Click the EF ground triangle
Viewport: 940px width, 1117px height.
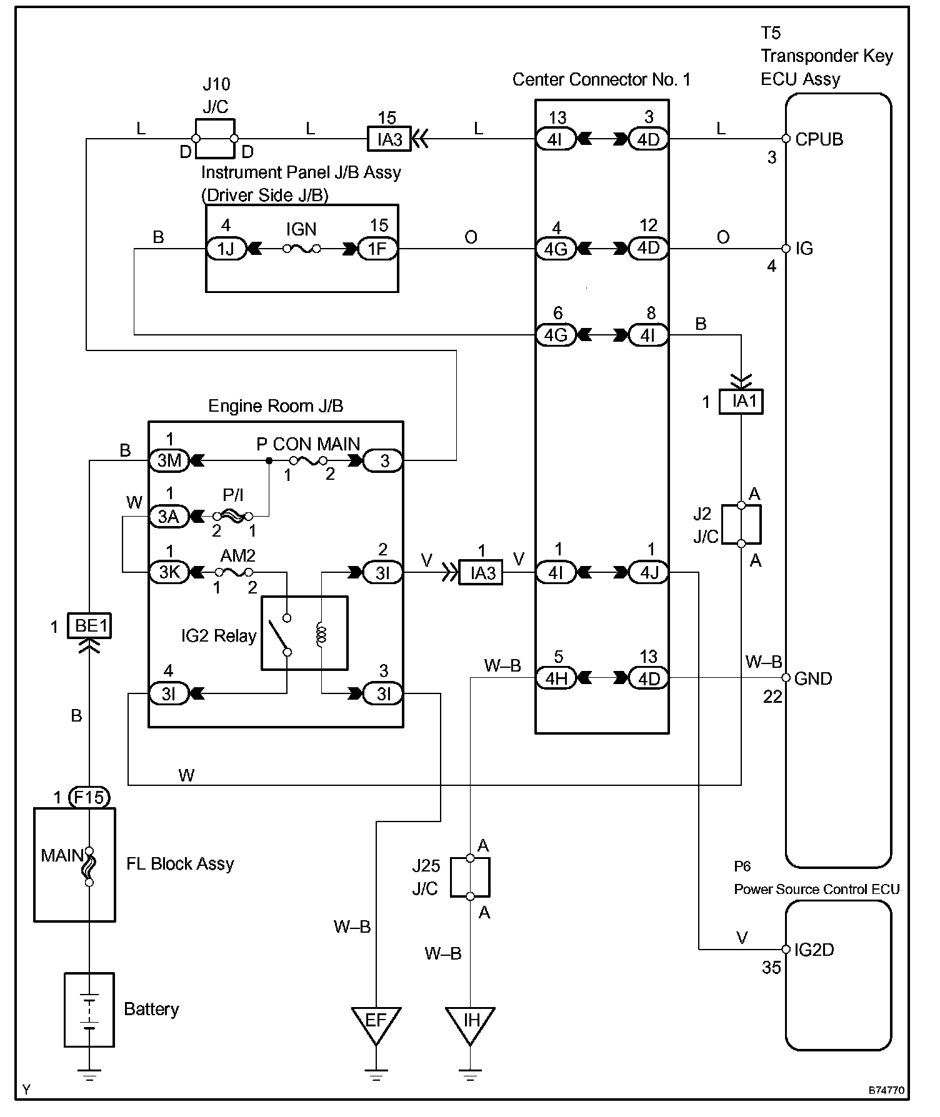[x=376, y=1024]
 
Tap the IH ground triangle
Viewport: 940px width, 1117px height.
[x=470, y=1024]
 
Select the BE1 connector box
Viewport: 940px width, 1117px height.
[x=91, y=625]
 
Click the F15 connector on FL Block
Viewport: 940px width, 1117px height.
[x=89, y=797]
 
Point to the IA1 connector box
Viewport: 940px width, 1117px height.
[x=741, y=401]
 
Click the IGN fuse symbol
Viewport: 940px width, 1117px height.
[x=301, y=249]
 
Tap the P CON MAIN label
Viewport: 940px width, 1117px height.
[x=308, y=444]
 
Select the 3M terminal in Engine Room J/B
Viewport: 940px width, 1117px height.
[x=169, y=461]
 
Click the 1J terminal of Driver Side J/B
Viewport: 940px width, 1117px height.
[x=226, y=249]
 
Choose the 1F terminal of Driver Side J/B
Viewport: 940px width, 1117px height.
[x=377, y=249]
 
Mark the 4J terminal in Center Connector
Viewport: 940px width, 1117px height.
[x=648, y=572]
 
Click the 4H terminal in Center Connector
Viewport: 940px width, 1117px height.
[x=556, y=678]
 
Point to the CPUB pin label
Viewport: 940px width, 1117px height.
[x=819, y=139]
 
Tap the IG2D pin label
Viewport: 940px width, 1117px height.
[x=814, y=950]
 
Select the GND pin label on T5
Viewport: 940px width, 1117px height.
[x=813, y=678]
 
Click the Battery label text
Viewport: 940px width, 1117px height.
[x=151, y=1009]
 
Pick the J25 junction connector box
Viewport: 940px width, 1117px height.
[x=470, y=877]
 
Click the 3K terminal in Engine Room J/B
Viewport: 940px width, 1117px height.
[x=169, y=572]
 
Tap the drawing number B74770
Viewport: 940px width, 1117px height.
[x=886, y=1090]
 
